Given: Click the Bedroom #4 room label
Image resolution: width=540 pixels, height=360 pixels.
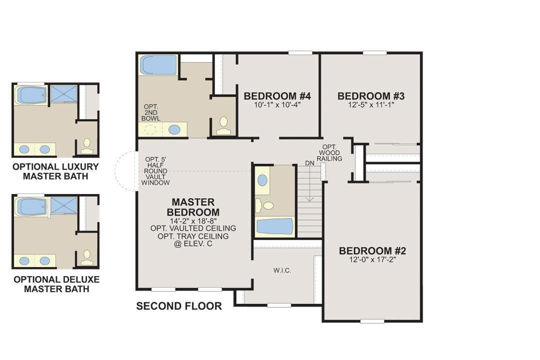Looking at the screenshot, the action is (277, 96).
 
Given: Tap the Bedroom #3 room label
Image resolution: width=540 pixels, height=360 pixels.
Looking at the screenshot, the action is (371, 96).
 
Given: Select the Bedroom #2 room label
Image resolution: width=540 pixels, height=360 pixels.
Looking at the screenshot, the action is (372, 251).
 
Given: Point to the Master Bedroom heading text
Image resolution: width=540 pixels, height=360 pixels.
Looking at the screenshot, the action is (193, 207).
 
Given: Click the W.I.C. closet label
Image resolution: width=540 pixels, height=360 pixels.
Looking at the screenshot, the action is (282, 271).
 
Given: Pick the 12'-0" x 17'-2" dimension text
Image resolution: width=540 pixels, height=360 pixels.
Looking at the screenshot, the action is (372, 260).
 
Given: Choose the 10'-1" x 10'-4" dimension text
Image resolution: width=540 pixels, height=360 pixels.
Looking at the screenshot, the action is (277, 104).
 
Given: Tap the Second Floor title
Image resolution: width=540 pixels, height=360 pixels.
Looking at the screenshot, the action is (179, 306).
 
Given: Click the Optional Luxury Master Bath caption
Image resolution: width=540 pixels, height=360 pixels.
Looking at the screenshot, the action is (56, 171).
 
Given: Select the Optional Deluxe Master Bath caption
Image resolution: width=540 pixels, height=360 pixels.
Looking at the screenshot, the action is (56, 284).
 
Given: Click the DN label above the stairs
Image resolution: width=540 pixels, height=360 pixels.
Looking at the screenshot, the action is (309, 163).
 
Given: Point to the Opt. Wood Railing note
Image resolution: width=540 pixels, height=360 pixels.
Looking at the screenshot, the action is (329, 152).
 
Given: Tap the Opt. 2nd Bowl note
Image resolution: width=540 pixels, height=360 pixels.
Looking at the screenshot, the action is (151, 112).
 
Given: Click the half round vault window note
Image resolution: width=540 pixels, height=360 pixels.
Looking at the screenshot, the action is (155, 171).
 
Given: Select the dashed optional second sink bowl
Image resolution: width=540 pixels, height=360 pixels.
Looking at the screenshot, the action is (150, 130).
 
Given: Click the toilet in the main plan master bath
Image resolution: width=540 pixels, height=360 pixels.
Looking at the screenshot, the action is (224, 125).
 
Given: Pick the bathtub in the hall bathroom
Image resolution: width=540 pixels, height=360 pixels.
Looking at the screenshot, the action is (275, 226).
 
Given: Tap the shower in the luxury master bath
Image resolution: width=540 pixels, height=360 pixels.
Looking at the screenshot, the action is (63, 93).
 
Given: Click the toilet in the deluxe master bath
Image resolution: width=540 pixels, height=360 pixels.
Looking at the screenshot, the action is (87, 257).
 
